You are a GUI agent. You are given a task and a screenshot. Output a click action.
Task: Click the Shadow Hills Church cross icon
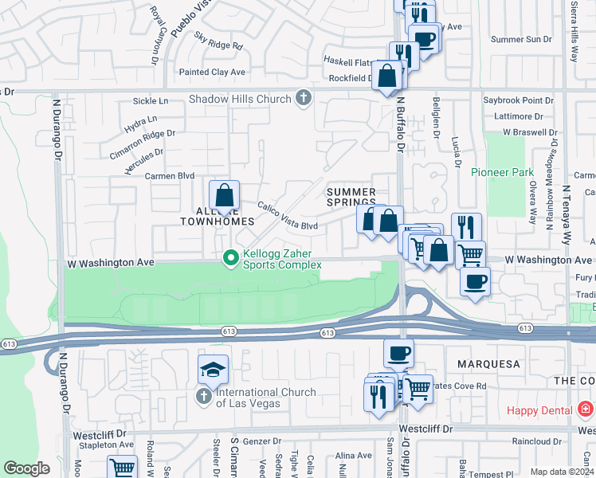303,99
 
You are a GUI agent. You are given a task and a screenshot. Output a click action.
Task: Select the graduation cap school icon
214,369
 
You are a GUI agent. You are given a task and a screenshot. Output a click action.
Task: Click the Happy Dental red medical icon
586,409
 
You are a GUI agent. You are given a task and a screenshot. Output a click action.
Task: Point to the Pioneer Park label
502,172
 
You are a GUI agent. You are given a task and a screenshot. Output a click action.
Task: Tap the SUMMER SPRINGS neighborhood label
351,197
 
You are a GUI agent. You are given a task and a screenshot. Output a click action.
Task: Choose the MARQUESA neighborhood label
488,364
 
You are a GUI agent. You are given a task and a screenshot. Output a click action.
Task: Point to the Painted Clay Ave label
213,72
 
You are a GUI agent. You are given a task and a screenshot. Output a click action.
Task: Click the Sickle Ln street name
151,101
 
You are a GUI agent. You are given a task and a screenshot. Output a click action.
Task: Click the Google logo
26,468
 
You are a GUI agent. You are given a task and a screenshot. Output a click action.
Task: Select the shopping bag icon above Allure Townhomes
225,194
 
